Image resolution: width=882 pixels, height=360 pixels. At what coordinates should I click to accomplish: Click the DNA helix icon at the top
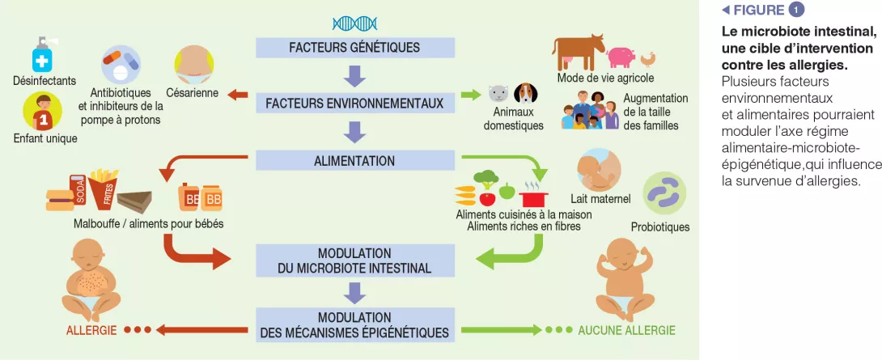(354, 23)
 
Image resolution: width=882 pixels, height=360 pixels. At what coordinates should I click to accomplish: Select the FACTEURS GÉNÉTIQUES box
(354, 48)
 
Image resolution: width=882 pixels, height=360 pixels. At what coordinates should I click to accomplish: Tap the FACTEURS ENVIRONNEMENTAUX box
(354, 104)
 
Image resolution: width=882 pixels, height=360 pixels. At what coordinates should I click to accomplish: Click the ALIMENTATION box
(354, 161)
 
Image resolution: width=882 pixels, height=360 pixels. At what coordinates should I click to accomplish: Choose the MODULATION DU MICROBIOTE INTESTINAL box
(354, 260)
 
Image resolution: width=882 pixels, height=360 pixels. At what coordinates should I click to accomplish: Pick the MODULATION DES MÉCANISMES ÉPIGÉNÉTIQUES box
(354, 324)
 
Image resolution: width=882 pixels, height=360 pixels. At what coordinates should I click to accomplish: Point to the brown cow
(579, 52)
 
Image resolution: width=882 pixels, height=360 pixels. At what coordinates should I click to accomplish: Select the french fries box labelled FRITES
(103, 188)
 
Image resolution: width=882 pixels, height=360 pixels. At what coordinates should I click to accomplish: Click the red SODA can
(78, 191)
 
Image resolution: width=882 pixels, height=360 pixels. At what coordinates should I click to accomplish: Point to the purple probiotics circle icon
(664, 194)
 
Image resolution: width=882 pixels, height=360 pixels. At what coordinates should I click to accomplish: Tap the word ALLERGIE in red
(91, 330)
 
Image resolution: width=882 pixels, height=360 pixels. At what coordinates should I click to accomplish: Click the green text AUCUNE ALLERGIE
(625, 330)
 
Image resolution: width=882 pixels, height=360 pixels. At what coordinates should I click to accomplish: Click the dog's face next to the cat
(525, 94)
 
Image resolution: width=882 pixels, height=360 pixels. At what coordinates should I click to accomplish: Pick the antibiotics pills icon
(121, 64)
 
